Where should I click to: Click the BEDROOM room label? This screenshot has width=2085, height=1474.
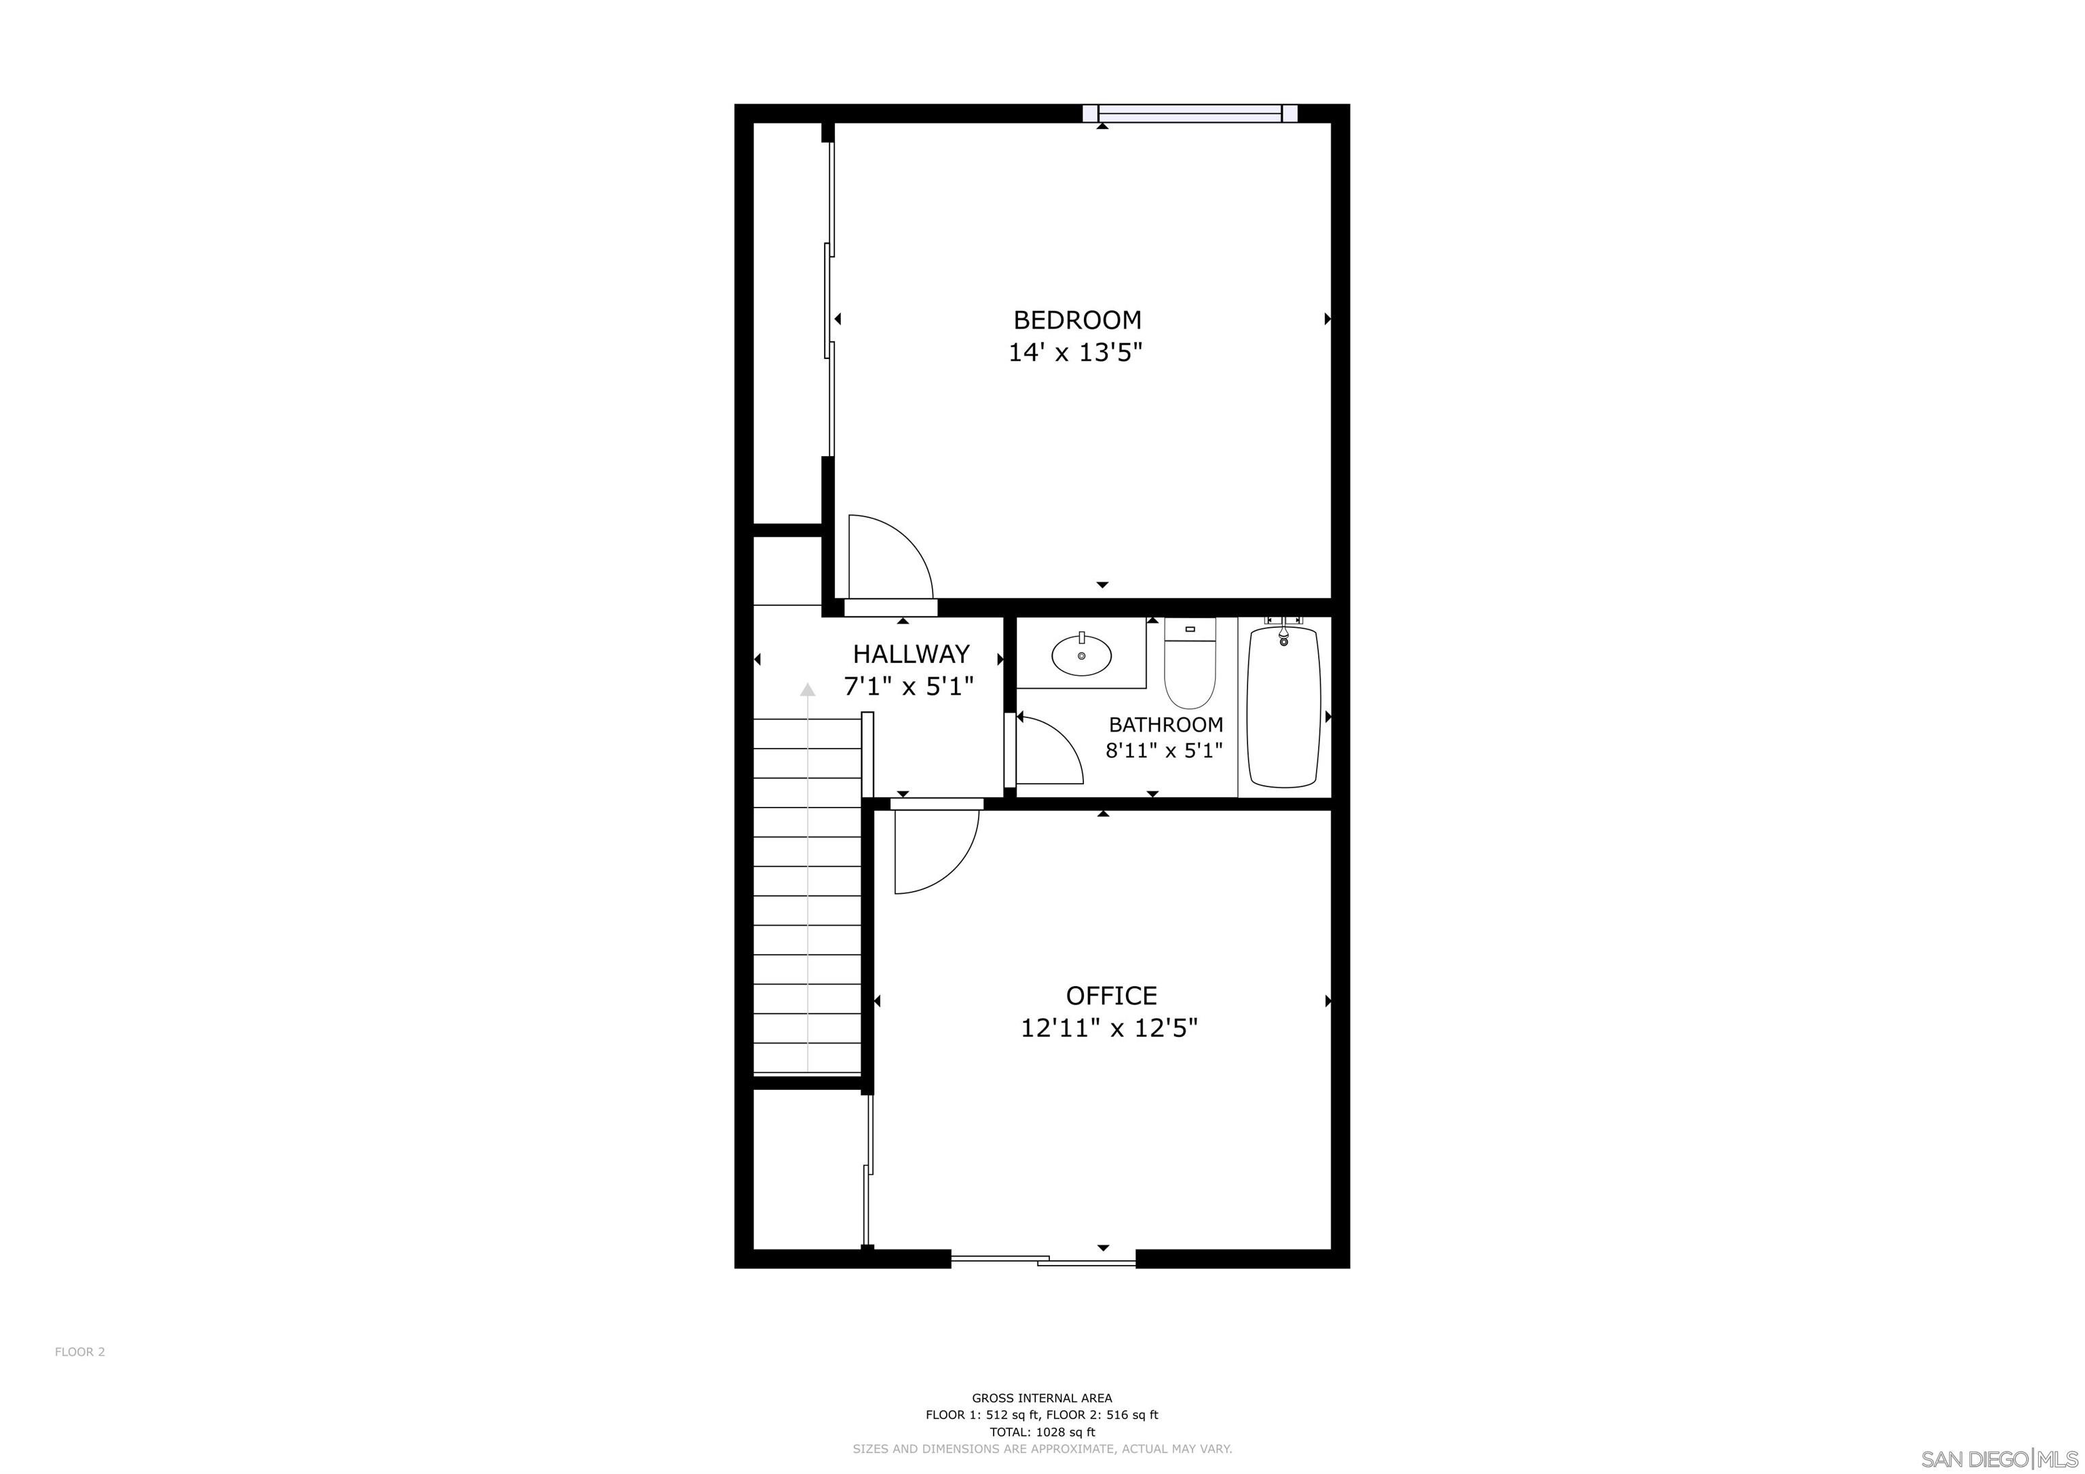point(1077,320)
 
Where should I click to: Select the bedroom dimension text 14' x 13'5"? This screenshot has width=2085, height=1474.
point(1074,352)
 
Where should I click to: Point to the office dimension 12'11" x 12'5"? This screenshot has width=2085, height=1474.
point(1109,1028)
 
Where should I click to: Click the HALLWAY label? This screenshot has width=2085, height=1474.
point(911,654)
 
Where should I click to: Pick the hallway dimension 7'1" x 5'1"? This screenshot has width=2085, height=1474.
point(908,687)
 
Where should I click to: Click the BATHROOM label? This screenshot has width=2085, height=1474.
point(1165,725)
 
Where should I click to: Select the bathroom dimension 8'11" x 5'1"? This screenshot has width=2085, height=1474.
point(1163,751)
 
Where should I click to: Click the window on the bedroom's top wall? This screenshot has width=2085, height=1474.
point(1190,113)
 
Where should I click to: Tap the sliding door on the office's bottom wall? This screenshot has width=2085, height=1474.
point(1042,1260)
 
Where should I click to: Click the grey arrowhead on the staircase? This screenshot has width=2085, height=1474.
point(807,689)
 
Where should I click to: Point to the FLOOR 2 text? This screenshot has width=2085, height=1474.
point(80,1351)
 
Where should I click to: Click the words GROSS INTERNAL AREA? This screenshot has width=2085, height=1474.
point(1042,1399)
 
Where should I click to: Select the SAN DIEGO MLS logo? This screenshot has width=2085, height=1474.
point(1999,1458)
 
